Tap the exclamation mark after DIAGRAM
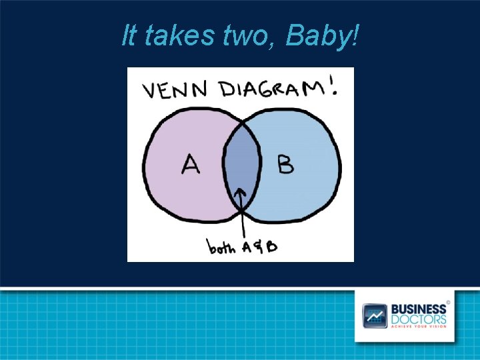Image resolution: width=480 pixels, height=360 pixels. [331, 87]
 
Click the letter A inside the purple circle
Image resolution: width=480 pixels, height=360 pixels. [191, 163]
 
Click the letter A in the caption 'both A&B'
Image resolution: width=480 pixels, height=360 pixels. [246, 247]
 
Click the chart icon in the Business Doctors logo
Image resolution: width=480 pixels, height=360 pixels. [374, 315]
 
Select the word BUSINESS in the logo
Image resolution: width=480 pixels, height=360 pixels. [419, 309]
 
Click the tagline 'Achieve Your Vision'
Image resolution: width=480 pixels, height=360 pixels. [419, 327]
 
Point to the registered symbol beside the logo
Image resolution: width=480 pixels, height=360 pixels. [449, 302]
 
